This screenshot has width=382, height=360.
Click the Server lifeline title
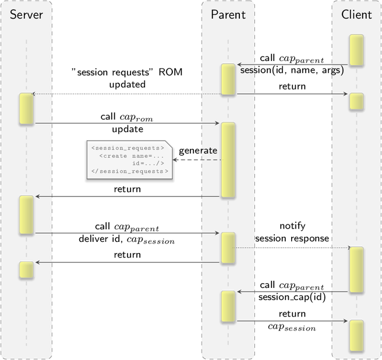click(26, 15)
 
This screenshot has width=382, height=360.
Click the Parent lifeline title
click(228, 15)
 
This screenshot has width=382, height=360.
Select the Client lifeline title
click(356, 15)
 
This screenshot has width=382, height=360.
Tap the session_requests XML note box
click(130, 160)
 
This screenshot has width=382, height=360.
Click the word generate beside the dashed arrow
click(198, 151)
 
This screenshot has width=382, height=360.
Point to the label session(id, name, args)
click(292, 70)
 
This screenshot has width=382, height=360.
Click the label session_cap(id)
click(292, 297)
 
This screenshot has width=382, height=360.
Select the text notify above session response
click(292, 226)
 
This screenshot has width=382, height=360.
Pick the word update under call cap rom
click(128, 129)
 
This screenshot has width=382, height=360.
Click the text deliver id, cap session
click(127, 239)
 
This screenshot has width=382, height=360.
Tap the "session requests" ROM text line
click(127, 72)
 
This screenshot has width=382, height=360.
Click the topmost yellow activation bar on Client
click(356, 50)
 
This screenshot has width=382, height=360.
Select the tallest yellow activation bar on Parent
click(228, 160)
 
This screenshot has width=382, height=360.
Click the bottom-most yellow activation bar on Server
click(26, 270)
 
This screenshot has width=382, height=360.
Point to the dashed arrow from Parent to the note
click(197, 160)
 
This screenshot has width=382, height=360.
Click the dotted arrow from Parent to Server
click(127, 94)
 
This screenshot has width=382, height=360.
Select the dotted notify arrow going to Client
click(291, 248)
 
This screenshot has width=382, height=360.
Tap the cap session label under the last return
click(292, 327)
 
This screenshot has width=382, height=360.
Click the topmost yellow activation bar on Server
click(26, 109)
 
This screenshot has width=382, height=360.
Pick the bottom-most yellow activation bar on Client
click(356, 336)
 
